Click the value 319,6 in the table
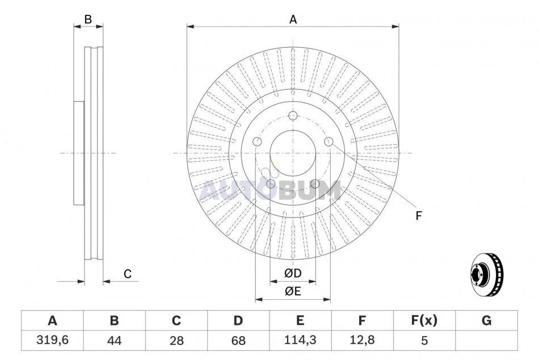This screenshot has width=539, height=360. (53, 340)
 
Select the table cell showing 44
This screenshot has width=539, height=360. (114, 340)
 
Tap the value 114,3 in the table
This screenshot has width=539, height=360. (300, 340)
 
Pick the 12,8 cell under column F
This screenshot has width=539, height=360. (362, 340)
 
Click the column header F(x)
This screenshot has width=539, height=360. (424, 320)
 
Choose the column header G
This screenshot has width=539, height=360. (486, 320)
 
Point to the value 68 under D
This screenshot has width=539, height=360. (238, 340)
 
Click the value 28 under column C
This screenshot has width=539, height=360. (176, 340)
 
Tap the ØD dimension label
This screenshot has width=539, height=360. (293, 273)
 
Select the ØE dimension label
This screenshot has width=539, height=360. (293, 291)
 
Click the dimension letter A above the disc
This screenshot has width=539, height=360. (293, 20)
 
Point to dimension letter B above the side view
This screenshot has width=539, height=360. (88, 20)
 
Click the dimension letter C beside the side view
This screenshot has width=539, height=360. (128, 274)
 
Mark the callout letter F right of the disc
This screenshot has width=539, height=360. (418, 216)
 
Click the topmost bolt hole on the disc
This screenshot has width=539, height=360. (293, 116)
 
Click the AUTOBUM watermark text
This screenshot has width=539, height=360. (271, 190)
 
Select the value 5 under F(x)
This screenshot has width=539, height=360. (424, 340)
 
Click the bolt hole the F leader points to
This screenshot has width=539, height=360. (329, 141)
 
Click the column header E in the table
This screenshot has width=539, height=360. (300, 320)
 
